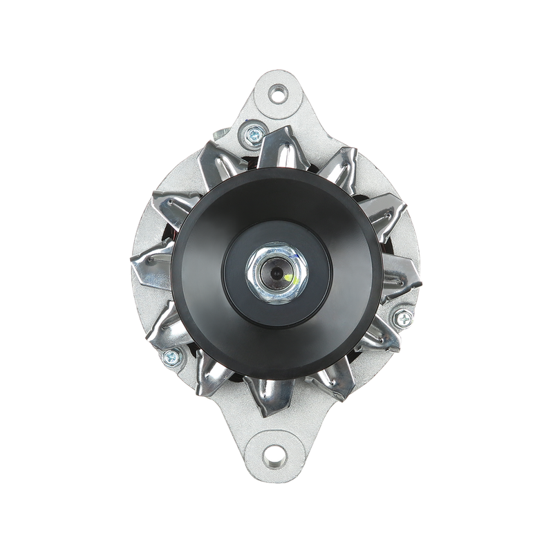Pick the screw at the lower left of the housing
(169, 357)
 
